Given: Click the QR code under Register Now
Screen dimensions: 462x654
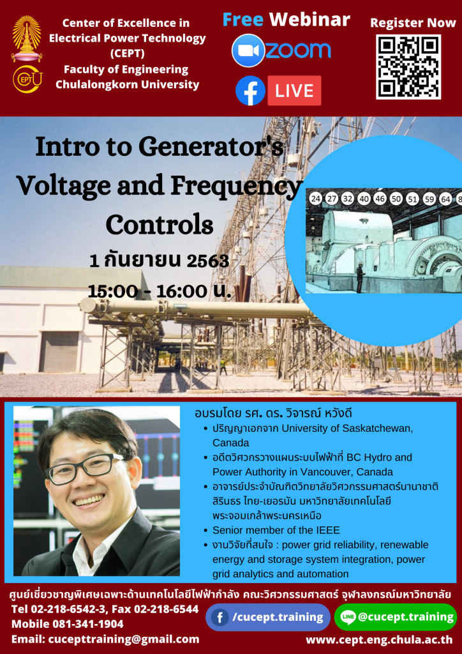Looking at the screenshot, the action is coord(408,66).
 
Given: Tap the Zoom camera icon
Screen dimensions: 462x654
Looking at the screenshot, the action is coord(248,50).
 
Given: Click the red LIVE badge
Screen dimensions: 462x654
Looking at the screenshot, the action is coord(294,91).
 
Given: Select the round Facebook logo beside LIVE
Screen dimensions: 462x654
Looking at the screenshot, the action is coord(250,91).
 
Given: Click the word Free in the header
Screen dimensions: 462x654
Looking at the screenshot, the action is coord(243,19).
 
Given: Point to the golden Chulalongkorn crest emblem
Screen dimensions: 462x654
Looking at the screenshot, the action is coord(27,38).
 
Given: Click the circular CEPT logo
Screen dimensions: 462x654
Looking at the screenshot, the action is coord(27,79).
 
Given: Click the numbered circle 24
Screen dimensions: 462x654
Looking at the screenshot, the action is coord(316,199).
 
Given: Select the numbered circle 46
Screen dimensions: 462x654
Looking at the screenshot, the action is coord(380,199).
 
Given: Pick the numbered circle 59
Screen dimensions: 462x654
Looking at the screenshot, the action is coord(429,199).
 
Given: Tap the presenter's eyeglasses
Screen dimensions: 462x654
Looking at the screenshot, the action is coord(87,469).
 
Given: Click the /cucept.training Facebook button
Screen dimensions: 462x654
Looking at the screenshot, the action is coord(268,617).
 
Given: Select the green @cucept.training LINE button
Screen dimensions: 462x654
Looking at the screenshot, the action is coord(396,617).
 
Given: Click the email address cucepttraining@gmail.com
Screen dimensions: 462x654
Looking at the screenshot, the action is coord(124,639).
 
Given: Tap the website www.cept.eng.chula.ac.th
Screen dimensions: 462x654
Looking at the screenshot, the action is coord(379,640).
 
